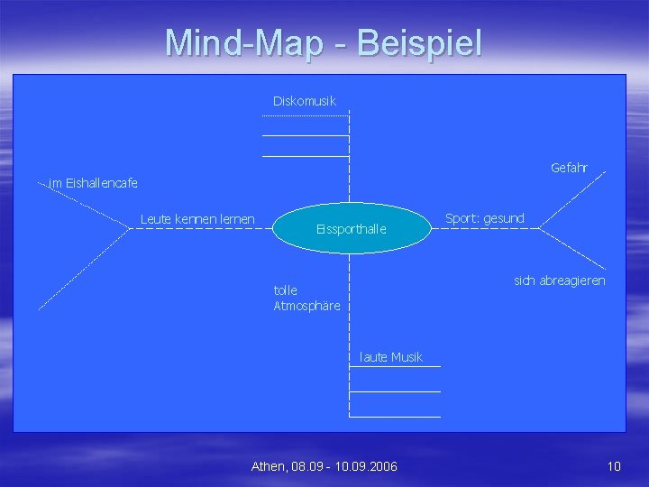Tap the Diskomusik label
(x=305, y=101)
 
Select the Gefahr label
(x=569, y=168)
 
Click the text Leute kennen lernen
(x=197, y=219)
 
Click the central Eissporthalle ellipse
(x=351, y=228)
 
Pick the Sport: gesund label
(x=485, y=218)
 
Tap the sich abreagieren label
(x=559, y=280)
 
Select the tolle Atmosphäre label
(x=306, y=298)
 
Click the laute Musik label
(x=390, y=357)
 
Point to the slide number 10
(x=614, y=466)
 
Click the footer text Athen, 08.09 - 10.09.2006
(x=324, y=466)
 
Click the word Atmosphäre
(x=306, y=306)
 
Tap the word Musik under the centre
(x=407, y=357)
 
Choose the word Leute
(x=157, y=219)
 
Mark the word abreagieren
(x=571, y=280)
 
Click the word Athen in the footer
(x=268, y=466)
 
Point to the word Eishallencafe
(x=101, y=183)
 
